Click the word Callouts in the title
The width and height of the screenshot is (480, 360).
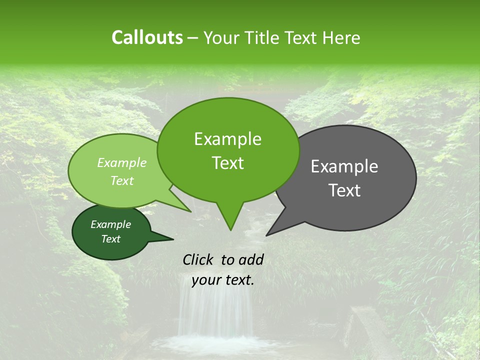[x=147, y=37]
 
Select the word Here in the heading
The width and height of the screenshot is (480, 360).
[x=341, y=38]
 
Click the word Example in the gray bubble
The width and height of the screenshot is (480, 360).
[x=344, y=166]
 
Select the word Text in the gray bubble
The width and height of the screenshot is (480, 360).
[x=344, y=190]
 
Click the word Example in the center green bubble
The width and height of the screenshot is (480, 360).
[x=227, y=139]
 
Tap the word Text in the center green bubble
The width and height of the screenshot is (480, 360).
[x=227, y=163]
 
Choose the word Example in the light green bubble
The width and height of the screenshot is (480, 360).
[x=122, y=163]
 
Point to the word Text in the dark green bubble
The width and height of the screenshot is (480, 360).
[x=111, y=239]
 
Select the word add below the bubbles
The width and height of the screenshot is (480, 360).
[x=251, y=259]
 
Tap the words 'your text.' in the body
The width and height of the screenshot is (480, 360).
[x=223, y=280]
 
